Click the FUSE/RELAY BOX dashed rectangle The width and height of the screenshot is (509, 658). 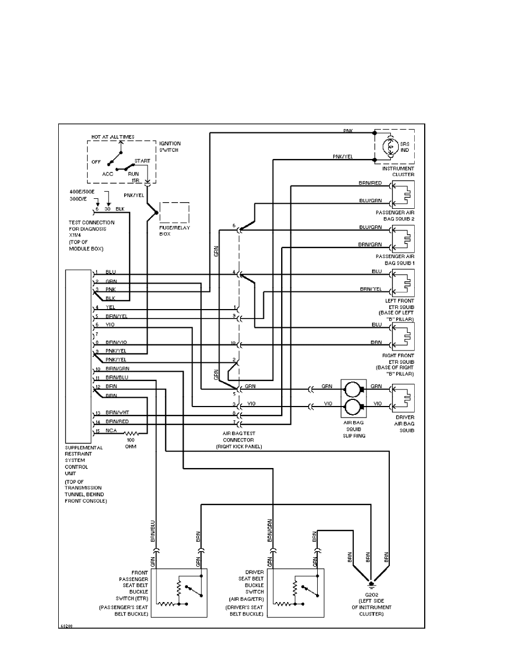coord(174,213)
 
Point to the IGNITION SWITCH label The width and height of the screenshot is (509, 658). coord(170,146)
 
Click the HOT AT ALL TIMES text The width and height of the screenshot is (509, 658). coord(113,136)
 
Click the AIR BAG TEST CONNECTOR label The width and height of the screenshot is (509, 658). coord(238,440)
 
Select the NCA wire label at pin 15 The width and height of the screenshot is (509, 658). coord(110,430)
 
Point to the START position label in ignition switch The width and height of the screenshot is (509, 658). coord(142,161)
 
